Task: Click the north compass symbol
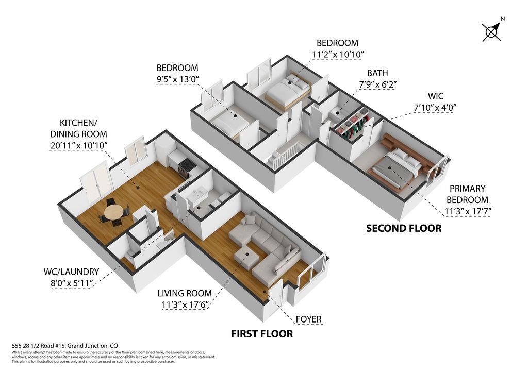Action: point(491,31)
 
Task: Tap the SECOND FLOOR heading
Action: point(404,228)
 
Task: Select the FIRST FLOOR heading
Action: point(261,334)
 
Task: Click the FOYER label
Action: point(308,319)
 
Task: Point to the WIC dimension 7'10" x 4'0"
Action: point(435,108)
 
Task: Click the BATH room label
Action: point(377,73)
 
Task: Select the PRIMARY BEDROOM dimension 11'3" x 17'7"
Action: point(467,212)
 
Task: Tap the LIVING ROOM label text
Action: point(185,293)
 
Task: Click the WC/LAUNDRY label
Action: point(71,272)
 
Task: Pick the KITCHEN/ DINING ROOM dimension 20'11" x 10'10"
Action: point(78,146)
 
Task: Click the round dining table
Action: point(113,212)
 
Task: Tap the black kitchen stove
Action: point(185,167)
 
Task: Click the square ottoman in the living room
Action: point(246,258)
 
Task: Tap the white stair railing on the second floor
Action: point(285,155)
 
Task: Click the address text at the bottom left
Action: point(65,345)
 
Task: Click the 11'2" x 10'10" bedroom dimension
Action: point(337,55)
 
